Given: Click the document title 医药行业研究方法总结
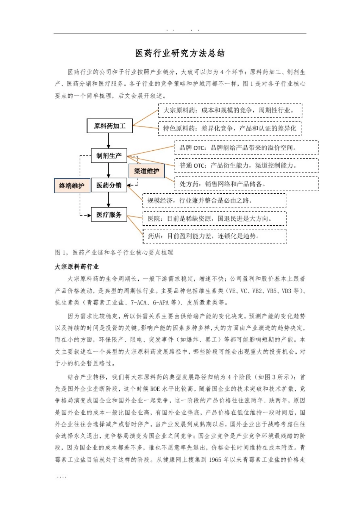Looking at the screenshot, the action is [x=180, y=53].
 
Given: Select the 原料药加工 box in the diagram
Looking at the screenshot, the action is [x=110, y=126].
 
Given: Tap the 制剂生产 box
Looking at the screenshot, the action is [x=109, y=156].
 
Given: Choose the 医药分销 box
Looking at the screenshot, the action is [x=109, y=185].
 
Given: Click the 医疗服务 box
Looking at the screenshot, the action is [x=109, y=215].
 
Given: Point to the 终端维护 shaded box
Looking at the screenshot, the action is [x=72, y=186].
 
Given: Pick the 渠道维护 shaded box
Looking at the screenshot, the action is [x=147, y=171].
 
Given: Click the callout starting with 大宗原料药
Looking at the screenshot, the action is [x=230, y=110].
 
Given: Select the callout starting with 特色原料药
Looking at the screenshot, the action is [x=230, y=128].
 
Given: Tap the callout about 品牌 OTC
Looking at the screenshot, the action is [x=246, y=148].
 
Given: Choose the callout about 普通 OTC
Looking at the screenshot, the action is [x=246, y=166].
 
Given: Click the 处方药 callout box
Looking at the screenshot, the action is [x=246, y=184].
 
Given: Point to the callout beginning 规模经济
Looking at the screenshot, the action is [x=214, y=200].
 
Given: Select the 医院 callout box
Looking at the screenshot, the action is [x=214, y=219].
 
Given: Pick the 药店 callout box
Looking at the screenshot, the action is [x=214, y=236].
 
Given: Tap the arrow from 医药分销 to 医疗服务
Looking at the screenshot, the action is [x=109, y=200].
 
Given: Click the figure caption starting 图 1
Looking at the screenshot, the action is [x=114, y=252].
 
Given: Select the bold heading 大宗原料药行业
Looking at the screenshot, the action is [x=77, y=267].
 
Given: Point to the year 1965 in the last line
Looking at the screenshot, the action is [x=215, y=460].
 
